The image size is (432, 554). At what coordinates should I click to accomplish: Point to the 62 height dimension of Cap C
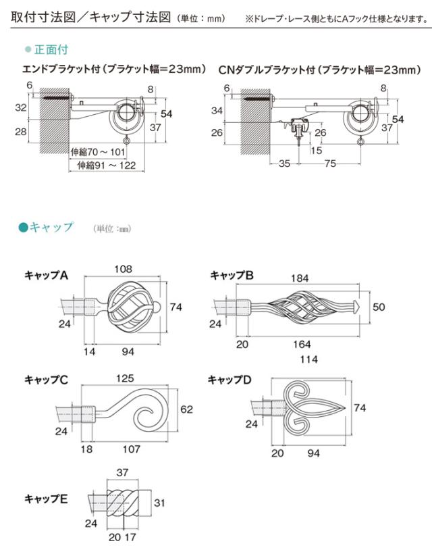pyautogui.click(x=187, y=409)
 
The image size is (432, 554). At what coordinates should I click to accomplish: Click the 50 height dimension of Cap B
pyautogui.click(x=379, y=307)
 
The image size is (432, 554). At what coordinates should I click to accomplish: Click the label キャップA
pyautogui.click(x=47, y=275)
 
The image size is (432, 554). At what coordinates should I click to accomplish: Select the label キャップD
pyautogui.click(x=230, y=380)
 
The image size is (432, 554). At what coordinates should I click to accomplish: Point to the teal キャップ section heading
pyautogui.click(x=51, y=228)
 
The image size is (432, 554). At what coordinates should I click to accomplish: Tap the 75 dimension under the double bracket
pyautogui.click(x=329, y=163)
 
